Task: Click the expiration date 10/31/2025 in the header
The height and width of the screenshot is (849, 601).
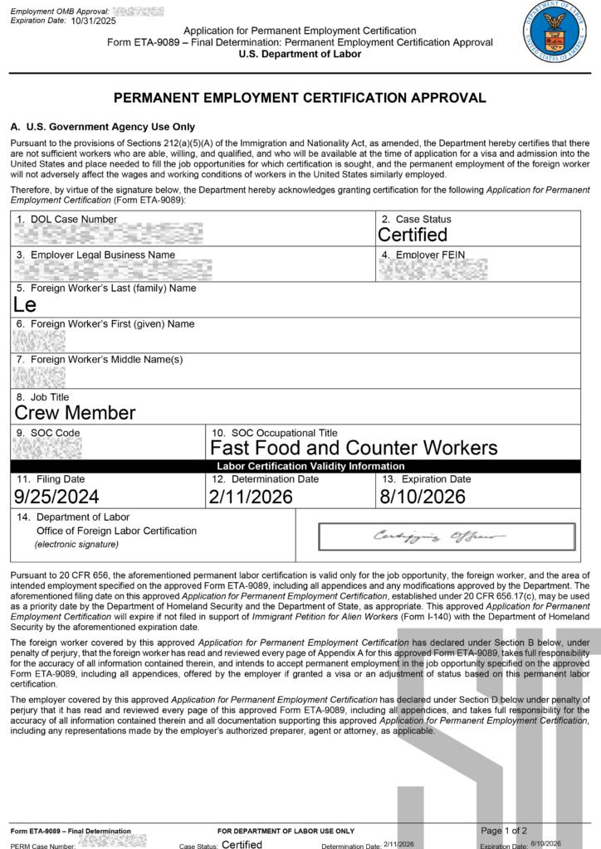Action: pos(94,21)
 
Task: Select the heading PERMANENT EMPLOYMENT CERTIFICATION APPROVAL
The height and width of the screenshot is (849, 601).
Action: pos(300,98)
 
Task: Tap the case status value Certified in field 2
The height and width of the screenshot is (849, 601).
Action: pos(413,235)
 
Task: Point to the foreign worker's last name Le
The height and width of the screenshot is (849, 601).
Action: pos(25,304)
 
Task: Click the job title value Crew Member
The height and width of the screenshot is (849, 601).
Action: pos(75,412)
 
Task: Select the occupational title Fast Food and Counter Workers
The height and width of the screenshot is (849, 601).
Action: pos(354,448)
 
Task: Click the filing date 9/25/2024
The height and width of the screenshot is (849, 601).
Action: pos(56,497)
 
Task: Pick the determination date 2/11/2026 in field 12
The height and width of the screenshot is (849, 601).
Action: pos(252,497)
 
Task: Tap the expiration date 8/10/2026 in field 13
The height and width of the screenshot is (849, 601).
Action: pos(423,497)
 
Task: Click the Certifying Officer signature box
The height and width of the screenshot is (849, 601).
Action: pos(447,536)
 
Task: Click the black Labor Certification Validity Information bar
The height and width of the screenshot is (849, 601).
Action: pos(298,466)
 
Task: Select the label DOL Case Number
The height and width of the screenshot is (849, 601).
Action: pos(73,220)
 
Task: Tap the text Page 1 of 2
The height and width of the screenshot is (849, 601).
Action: pos(504,830)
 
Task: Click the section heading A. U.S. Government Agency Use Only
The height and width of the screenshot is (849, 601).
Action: pos(102,127)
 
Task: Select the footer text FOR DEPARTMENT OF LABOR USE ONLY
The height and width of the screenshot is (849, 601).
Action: pos(286,831)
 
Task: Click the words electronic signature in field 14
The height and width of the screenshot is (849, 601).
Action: pos(76,545)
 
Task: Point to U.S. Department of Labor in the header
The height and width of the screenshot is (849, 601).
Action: pos(300,55)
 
